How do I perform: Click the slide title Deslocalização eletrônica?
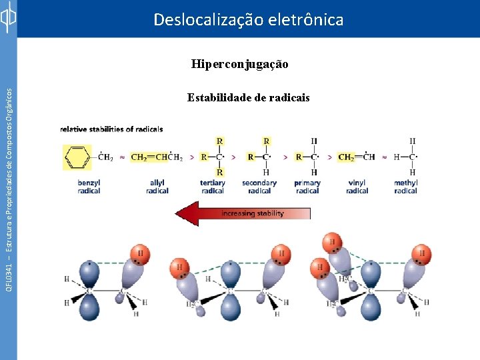click(248, 20)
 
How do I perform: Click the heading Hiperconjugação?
click(239, 65)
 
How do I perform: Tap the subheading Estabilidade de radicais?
click(248, 98)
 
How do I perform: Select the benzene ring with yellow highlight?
click(77, 157)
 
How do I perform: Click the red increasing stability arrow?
click(243, 214)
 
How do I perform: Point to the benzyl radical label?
click(89, 187)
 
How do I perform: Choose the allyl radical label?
click(157, 187)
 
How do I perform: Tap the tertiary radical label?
click(213, 187)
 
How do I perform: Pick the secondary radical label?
click(259, 187)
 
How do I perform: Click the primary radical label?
click(307, 187)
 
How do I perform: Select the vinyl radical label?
click(357, 187)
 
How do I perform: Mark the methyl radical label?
click(405, 187)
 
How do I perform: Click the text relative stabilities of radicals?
click(111, 129)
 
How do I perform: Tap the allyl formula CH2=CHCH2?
click(157, 158)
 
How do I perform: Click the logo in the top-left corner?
click(8, 19)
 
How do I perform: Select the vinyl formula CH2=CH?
click(356, 158)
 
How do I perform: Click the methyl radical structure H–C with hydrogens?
click(408, 157)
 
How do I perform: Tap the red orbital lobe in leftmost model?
click(141, 253)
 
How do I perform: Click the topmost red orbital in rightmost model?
click(332, 243)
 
